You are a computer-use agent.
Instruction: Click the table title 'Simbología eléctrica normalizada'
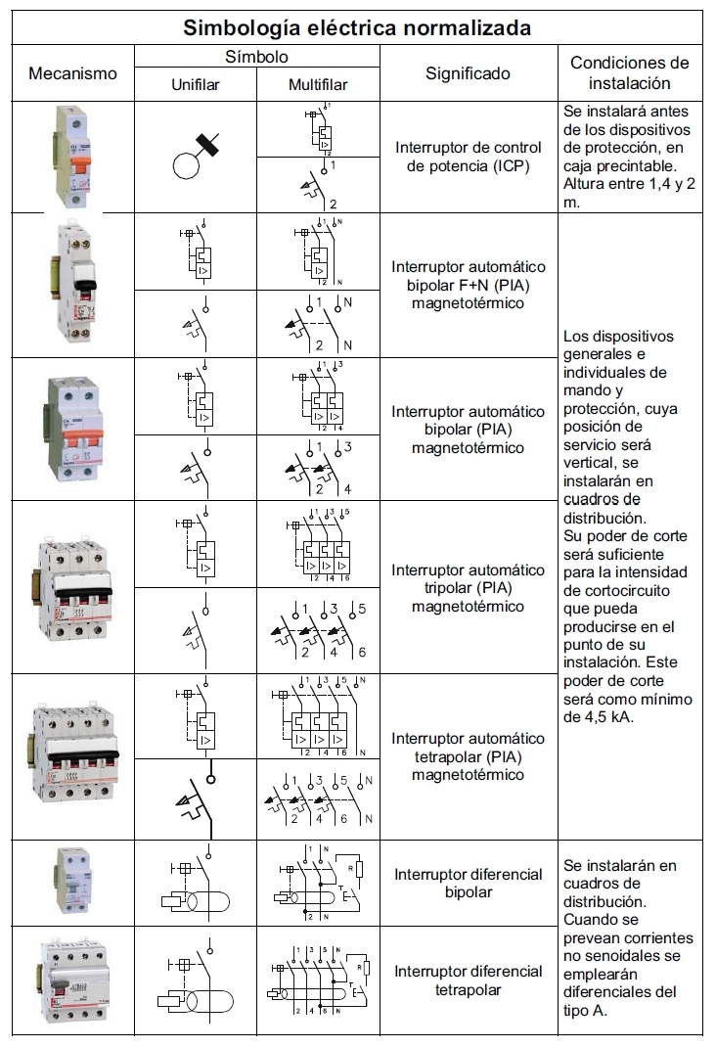pyautogui.click(x=357, y=27)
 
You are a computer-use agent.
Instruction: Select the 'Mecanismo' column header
pyautogui.click(x=72, y=73)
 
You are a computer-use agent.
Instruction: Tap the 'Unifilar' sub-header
pyautogui.click(x=196, y=84)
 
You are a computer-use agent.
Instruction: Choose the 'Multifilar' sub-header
pyautogui.click(x=318, y=84)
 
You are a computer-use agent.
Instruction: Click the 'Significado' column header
pyautogui.click(x=468, y=73)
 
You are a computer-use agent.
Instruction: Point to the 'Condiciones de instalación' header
pyautogui.click(x=629, y=73)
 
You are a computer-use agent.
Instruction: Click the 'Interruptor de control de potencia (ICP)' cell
pyautogui.click(x=468, y=157)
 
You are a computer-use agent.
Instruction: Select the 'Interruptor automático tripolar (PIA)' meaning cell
pyautogui.click(x=468, y=588)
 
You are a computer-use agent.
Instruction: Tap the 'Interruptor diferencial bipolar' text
pyautogui.click(x=468, y=883)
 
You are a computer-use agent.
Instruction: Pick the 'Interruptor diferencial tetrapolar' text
pyautogui.click(x=468, y=980)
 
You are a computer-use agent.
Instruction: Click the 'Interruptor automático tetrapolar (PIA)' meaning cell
pyautogui.click(x=468, y=756)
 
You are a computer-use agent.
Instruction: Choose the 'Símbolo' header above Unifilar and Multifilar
pyautogui.click(x=256, y=58)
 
